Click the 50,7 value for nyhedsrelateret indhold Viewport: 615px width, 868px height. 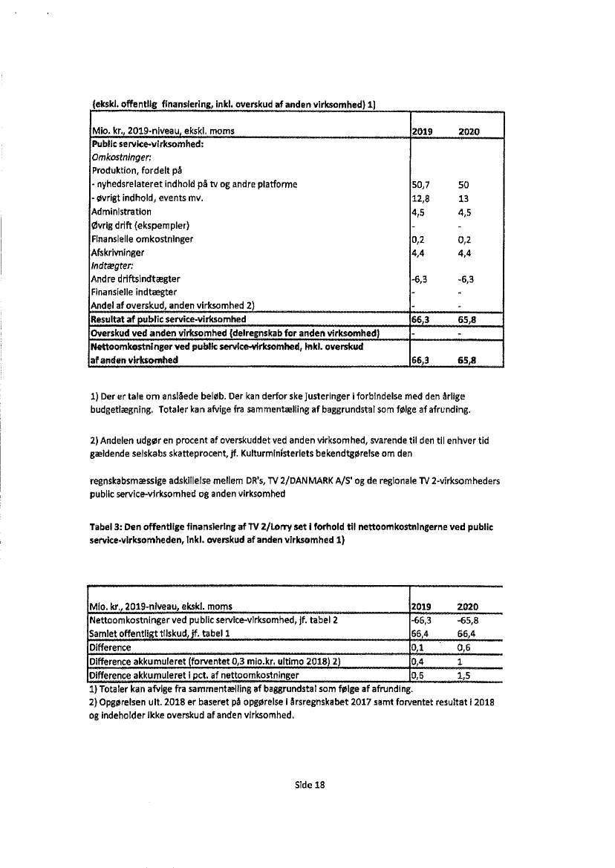pyautogui.click(x=420, y=184)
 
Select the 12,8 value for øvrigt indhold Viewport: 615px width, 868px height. pyautogui.click(x=420, y=198)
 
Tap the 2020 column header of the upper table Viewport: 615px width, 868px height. pyautogui.click(x=469, y=131)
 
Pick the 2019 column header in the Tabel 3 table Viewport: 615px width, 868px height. pyautogui.click(x=422, y=607)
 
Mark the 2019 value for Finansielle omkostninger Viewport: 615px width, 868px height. pyautogui.click(x=418, y=238)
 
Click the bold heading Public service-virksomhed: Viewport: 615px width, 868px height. pyautogui.click(x=146, y=144)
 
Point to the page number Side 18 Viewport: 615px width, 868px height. pyautogui.click(x=307, y=784)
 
